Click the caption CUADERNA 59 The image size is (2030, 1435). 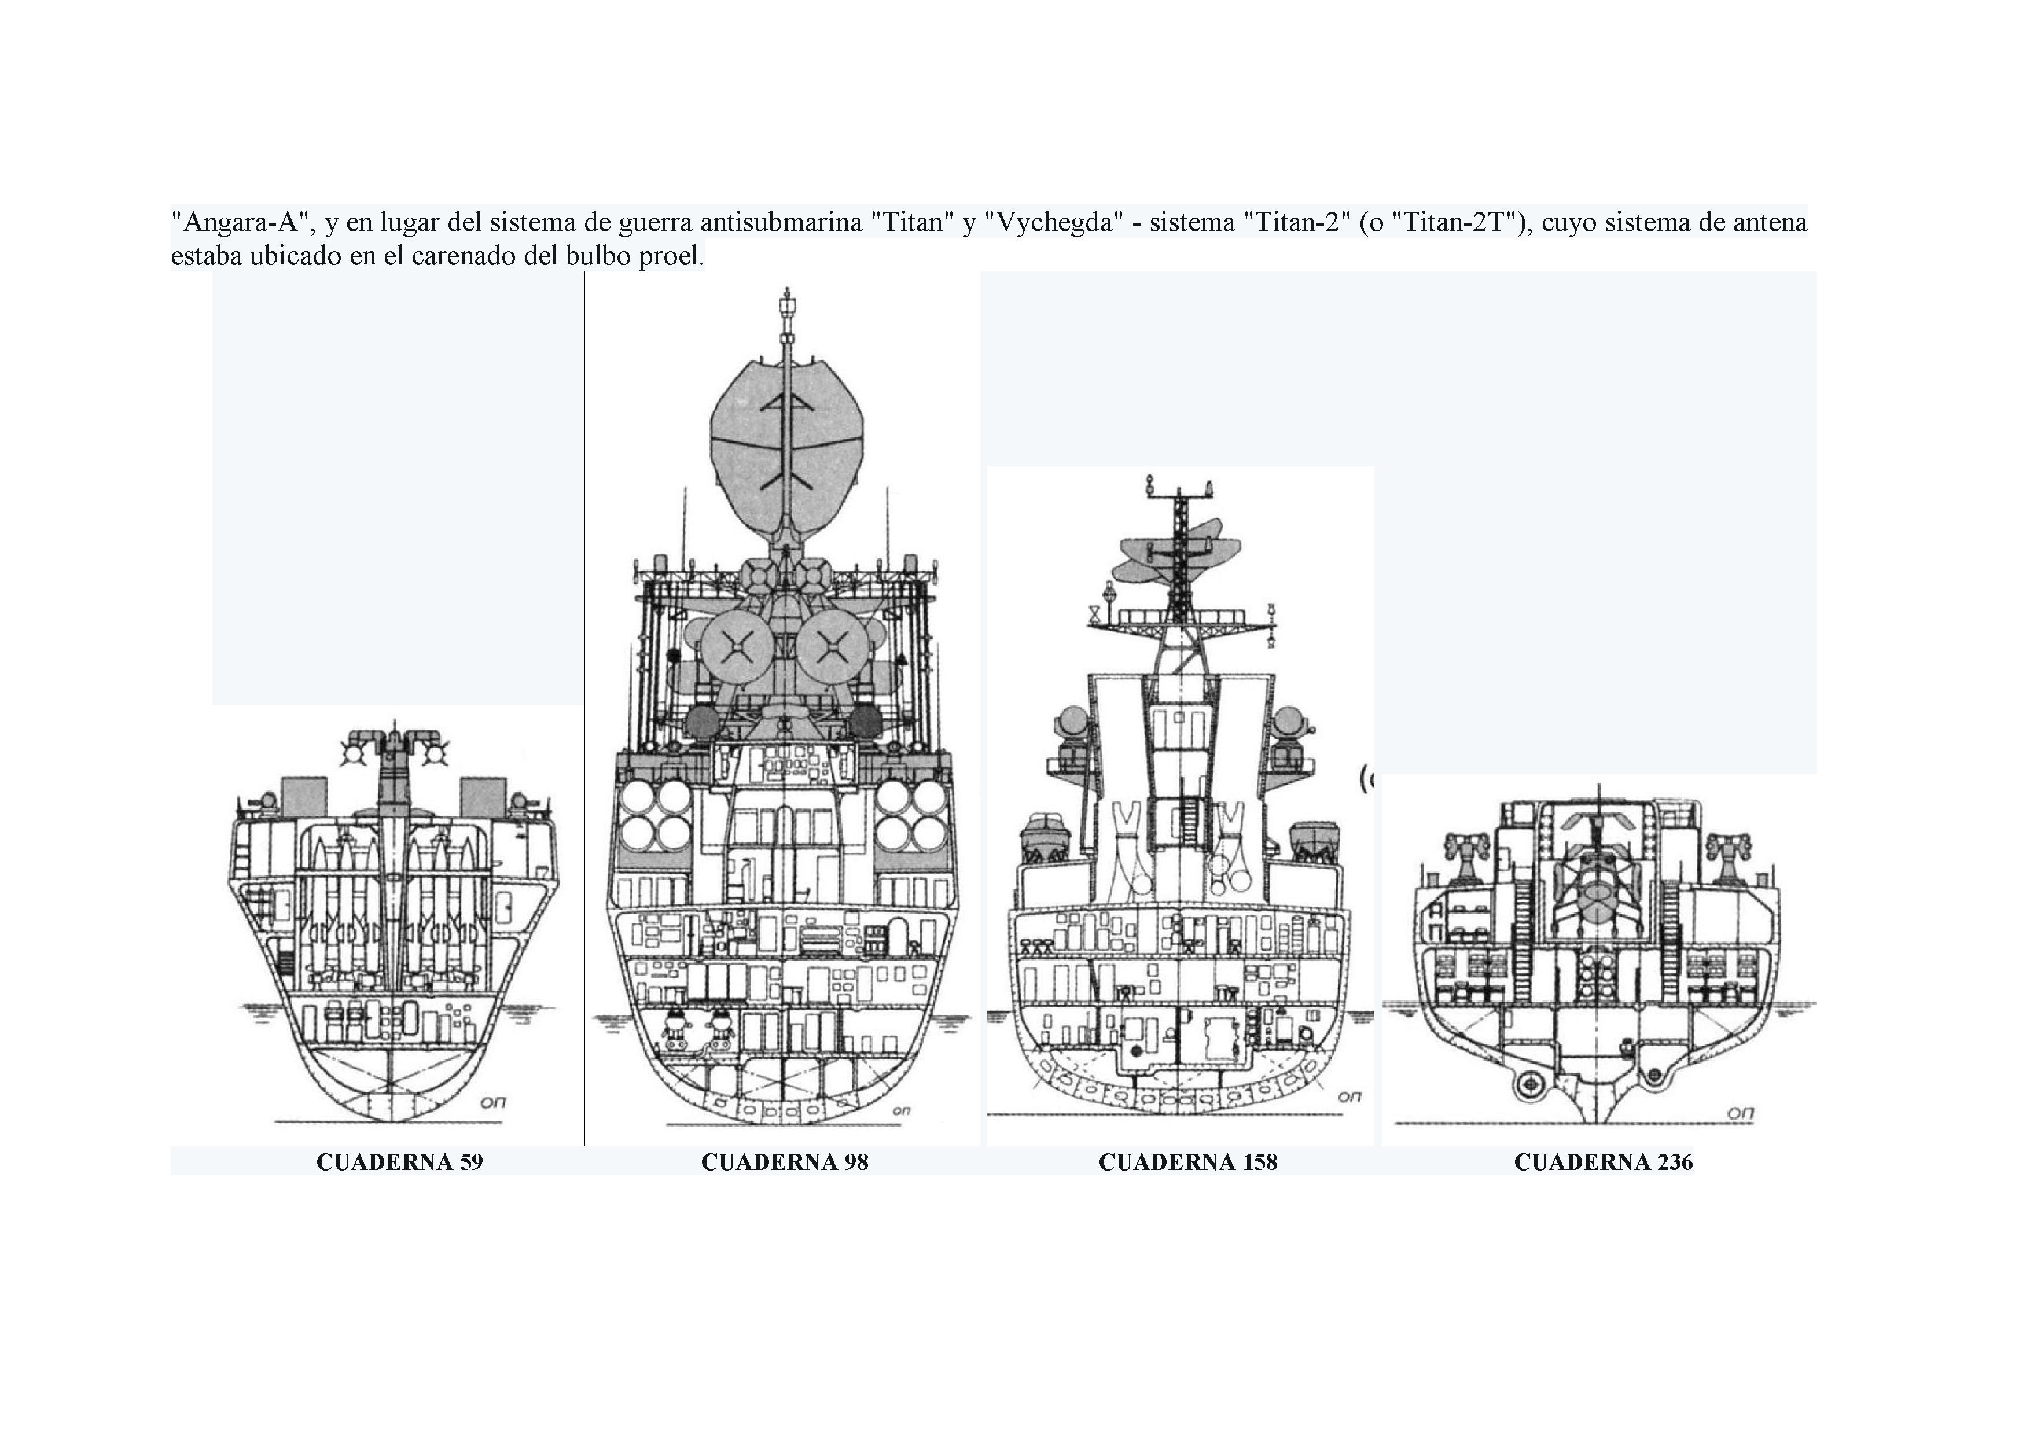pyautogui.click(x=400, y=1162)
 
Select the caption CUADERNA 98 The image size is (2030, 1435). pyautogui.click(x=784, y=1162)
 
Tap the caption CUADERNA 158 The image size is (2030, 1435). pyautogui.click(x=1187, y=1162)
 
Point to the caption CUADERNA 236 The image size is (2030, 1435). pyautogui.click(x=1603, y=1162)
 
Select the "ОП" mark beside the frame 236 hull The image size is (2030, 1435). pyautogui.click(x=1740, y=1113)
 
